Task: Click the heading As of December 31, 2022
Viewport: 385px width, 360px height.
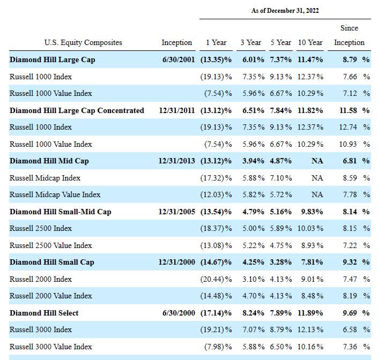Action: coord(285,11)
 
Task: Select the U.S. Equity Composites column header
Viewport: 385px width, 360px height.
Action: coord(83,43)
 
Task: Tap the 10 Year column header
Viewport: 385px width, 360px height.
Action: coord(310,42)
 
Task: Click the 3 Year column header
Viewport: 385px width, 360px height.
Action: coord(251,42)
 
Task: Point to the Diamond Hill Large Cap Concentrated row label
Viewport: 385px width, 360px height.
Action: coord(77,110)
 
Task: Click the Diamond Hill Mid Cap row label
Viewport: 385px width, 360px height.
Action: coord(49,161)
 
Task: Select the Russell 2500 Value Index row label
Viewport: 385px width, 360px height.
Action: coord(51,245)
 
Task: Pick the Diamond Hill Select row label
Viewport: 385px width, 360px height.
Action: coord(44,313)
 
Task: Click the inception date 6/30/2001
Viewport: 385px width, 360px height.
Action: coord(179,59)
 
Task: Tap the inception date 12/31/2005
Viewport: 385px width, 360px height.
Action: coord(177,212)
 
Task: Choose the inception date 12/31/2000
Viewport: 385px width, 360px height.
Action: coord(177,262)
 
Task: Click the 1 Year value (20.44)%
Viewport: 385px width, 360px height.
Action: coord(216,279)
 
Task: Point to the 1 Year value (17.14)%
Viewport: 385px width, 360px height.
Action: coord(216,313)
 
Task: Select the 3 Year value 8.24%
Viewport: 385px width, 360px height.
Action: coord(254,313)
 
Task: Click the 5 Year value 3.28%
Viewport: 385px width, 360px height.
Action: coord(281,262)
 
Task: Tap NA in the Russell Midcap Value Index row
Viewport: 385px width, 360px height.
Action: coord(317,194)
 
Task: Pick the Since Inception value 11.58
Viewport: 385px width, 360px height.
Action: coord(348,110)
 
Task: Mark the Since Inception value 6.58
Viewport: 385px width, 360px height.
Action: coord(350,329)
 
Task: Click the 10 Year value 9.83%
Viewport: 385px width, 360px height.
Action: coord(312,212)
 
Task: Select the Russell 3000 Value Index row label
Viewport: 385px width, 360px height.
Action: coord(51,347)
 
